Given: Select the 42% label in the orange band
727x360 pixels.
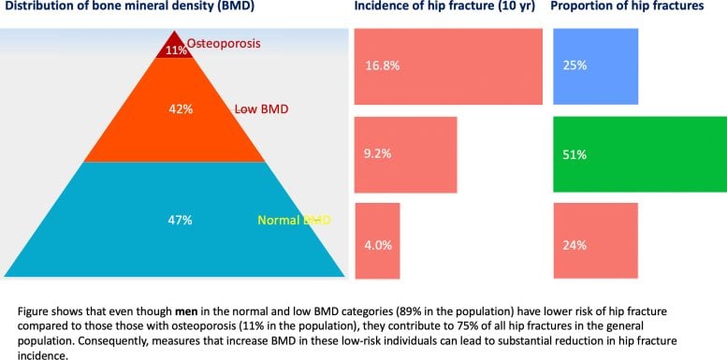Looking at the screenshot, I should click(181, 109).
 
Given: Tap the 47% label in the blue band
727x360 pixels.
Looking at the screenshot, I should click(180, 220).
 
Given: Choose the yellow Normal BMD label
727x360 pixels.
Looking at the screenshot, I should click(295, 221).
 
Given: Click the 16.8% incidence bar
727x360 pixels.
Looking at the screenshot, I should click(448, 65).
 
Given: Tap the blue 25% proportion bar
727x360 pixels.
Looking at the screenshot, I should click(595, 65).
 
